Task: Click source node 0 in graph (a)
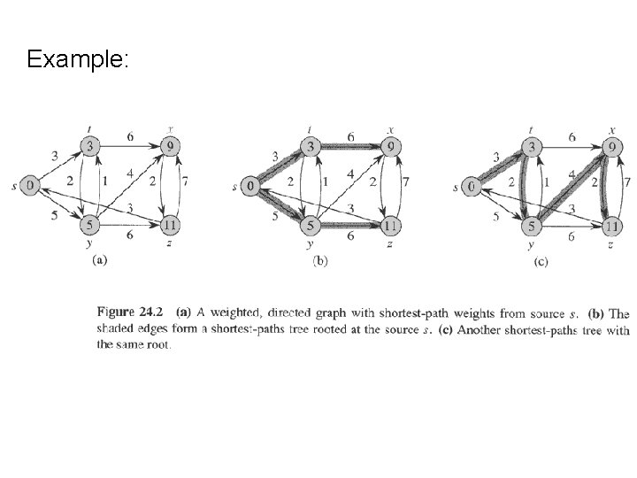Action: coord(30,186)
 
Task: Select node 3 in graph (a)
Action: coord(90,145)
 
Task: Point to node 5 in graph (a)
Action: coord(90,227)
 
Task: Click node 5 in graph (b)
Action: coord(311,227)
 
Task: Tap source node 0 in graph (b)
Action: coord(251,186)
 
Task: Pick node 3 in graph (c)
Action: coord(532,145)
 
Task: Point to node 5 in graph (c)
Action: coord(532,227)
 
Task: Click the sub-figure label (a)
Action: coord(100,260)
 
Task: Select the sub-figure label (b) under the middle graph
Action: coord(320,261)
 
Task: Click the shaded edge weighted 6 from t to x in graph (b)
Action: coord(351,145)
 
